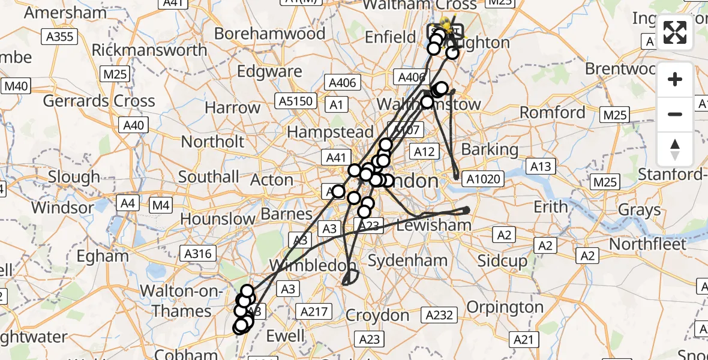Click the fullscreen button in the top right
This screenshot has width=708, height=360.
675,32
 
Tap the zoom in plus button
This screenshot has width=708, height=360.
675,79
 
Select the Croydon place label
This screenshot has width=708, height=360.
377,315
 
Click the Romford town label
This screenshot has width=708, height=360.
553,112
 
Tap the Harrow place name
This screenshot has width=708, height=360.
233,108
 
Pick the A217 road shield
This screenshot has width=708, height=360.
314,311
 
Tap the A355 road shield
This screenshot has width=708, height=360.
60,37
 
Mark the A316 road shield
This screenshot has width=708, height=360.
199,254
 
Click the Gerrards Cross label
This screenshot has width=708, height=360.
99,101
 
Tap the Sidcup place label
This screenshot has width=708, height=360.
502,261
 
